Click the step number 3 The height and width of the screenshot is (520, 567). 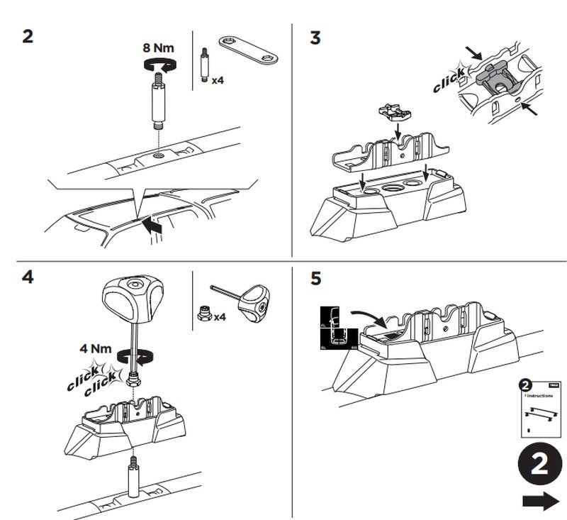point(315,36)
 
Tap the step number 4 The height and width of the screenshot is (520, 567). point(27,277)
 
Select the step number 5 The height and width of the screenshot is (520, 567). point(315,278)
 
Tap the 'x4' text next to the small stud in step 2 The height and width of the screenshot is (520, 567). point(218,81)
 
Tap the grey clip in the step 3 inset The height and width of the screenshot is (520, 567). point(497,77)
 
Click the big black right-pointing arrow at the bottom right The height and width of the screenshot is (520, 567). point(539,502)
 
